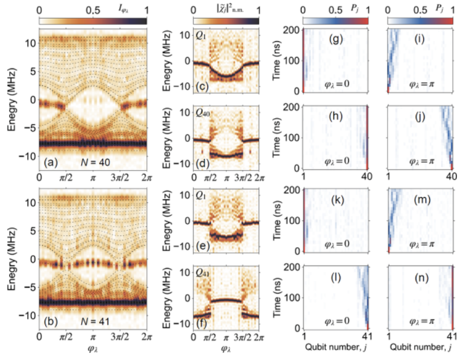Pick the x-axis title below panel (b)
[x=92, y=351]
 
